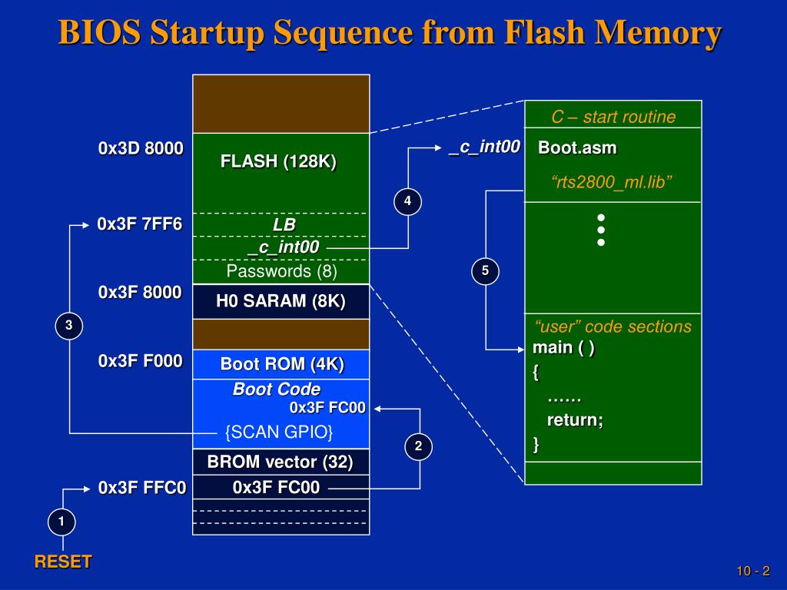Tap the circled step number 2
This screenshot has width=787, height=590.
(x=419, y=446)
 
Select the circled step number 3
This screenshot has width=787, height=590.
(x=68, y=326)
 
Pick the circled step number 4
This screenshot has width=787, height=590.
(x=407, y=201)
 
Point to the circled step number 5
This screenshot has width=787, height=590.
(x=485, y=270)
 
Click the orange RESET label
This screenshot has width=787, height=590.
(x=63, y=562)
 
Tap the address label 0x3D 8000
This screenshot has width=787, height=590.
(x=141, y=148)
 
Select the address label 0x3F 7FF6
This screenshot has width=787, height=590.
(x=140, y=224)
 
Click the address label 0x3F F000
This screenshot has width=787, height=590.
(x=141, y=361)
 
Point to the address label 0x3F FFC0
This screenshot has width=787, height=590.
(x=142, y=488)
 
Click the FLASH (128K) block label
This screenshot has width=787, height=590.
(x=278, y=162)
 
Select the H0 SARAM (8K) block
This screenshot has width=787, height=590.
(x=281, y=302)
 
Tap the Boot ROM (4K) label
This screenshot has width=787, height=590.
(x=282, y=364)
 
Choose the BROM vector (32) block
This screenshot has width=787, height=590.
(x=281, y=462)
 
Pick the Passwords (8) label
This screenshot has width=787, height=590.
(x=281, y=271)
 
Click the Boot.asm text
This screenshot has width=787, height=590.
(x=577, y=147)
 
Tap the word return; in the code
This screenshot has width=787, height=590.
(x=575, y=420)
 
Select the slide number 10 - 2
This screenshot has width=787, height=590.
(x=752, y=571)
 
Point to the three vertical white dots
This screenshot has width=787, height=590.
(x=601, y=230)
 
